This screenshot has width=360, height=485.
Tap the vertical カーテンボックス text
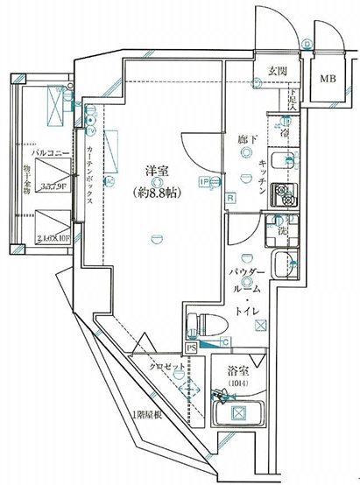click(x=91, y=175)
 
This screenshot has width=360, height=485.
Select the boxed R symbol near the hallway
click(x=229, y=198)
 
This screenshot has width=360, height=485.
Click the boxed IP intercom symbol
click(x=204, y=182)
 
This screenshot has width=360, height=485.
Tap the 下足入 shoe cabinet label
click(x=294, y=102)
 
